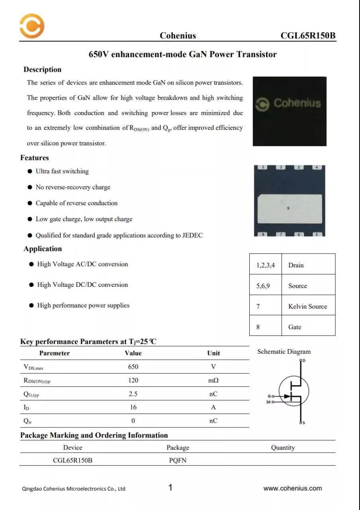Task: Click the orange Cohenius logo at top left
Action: (32, 26)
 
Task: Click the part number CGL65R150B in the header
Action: (308, 36)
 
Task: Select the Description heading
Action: (42, 70)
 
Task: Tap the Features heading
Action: (35, 158)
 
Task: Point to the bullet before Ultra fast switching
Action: (30, 171)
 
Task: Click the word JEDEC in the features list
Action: (192, 235)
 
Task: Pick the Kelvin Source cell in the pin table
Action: (307, 306)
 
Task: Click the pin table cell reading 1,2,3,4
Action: (265, 265)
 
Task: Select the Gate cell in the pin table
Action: (295, 327)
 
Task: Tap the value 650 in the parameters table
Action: (133, 367)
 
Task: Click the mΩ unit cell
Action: (213, 381)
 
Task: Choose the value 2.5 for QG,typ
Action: (133, 394)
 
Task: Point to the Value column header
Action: (133, 353)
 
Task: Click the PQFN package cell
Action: (178, 461)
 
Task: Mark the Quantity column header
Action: (283, 448)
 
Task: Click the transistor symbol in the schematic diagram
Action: (294, 391)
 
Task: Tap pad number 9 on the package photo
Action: (288, 208)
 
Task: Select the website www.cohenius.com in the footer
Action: (293, 488)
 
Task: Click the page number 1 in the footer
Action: (170, 488)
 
